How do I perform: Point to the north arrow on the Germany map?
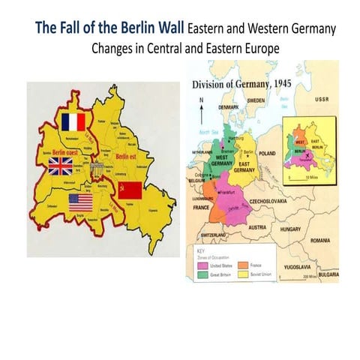tap(200, 105)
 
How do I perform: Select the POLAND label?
tap(268, 151)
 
